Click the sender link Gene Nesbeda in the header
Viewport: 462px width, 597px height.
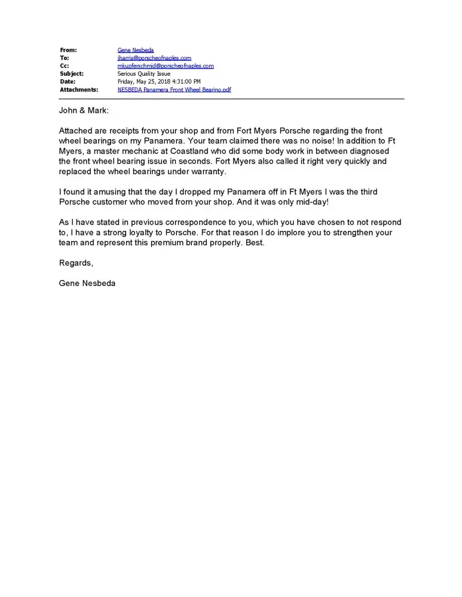[x=135, y=50]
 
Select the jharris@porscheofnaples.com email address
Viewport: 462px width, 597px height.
[x=154, y=58]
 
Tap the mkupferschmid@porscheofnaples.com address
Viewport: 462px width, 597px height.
[x=165, y=66]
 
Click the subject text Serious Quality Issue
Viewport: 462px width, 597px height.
[x=143, y=74]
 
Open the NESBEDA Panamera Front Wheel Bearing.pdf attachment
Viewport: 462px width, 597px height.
[x=174, y=90]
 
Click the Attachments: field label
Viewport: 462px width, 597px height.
[x=79, y=90]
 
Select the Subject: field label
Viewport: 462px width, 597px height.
[x=72, y=74]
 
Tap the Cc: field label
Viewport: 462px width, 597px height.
[x=65, y=66]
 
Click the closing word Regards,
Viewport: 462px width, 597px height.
[x=76, y=263]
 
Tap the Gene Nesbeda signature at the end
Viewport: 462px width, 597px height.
[x=87, y=284]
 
